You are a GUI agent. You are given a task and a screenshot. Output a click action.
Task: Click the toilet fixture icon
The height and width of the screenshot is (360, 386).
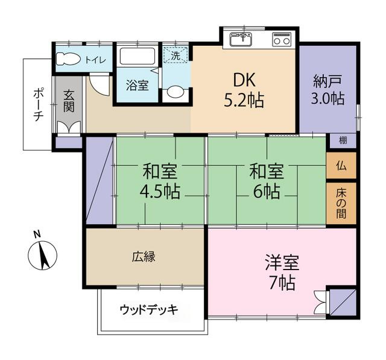68,60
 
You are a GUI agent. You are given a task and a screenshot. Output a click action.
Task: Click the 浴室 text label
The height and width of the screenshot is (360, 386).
137,85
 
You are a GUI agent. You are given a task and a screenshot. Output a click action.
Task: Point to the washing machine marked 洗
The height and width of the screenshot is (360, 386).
176,55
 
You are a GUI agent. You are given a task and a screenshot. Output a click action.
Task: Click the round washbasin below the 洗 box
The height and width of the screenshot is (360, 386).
176,92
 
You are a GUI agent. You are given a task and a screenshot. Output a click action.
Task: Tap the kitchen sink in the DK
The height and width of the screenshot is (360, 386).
242,40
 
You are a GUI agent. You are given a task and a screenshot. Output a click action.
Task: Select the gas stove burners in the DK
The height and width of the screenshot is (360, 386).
281,40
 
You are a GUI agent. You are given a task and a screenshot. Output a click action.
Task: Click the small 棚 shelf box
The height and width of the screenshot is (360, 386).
343,141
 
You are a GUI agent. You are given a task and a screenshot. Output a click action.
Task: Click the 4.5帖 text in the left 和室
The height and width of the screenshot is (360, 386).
160,192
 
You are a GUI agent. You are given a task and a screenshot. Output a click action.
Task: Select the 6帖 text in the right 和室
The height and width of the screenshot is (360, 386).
267,192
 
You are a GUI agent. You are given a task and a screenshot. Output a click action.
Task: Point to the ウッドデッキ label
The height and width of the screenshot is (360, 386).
148,310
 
